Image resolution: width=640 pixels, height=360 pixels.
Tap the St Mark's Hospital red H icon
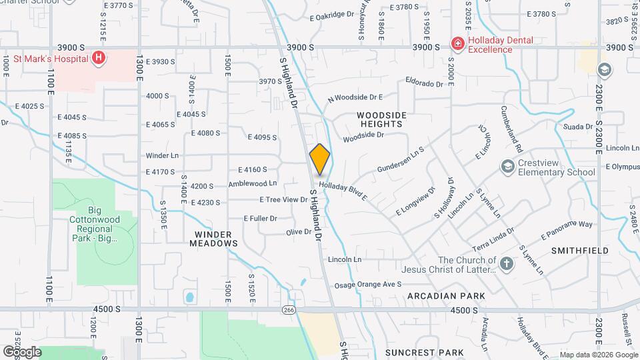tap(99, 58)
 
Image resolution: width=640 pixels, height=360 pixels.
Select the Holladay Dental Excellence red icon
tap(457, 44)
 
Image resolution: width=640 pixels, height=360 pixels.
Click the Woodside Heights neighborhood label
tap(381, 119)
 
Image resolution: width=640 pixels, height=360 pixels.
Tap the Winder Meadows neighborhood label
tap(216, 239)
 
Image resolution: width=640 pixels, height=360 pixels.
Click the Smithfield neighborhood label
tap(579, 251)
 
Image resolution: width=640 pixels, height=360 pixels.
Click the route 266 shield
tap(288, 310)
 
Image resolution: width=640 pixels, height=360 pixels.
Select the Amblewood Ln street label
tap(252, 183)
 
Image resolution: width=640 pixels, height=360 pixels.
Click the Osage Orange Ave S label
tap(367, 284)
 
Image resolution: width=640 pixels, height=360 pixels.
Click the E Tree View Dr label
tap(283, 199)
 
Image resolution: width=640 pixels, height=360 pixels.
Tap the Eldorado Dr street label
tap(424, 83)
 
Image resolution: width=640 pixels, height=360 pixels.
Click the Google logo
tap(22, 351)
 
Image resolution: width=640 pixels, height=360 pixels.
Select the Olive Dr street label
tap(298, 232)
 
